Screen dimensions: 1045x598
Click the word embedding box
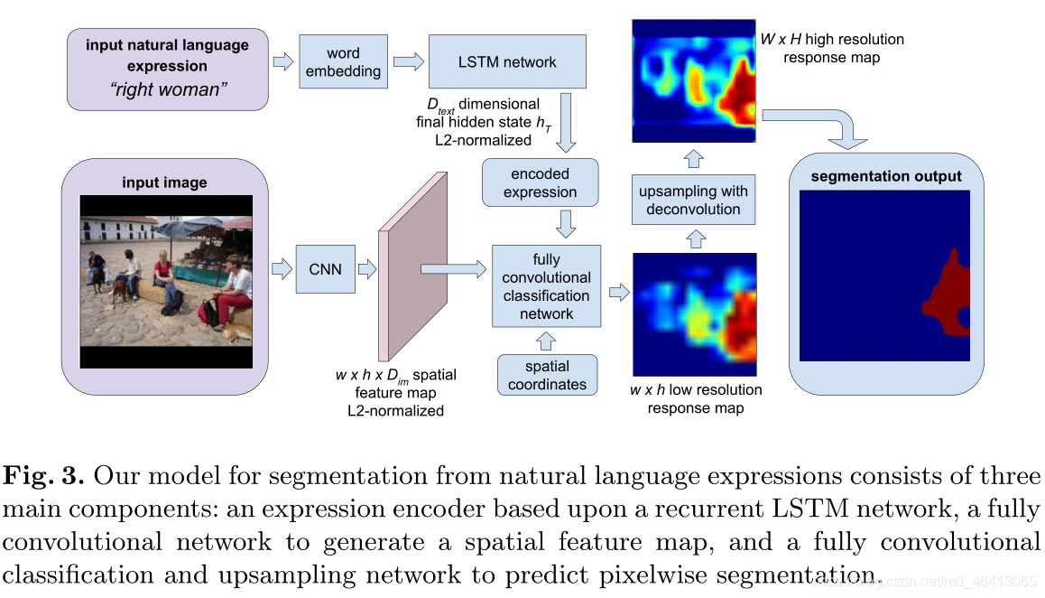click(x=343, y=61)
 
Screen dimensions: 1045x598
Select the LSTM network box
click(x=507, y=61)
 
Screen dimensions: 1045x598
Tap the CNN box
click(x=325, y=269)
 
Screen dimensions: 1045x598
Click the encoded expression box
click(x=540, y=182)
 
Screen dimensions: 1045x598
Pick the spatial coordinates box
click(x=547, y=375)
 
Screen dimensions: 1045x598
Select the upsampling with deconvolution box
click(x=693, y=200)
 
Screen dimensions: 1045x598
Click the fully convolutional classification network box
click(x=547, y=286)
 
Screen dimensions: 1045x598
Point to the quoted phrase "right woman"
click(x=168, y=89)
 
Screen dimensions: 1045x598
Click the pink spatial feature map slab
click(x=412, y=267)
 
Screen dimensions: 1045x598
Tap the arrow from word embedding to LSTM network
click(x=409, y=62)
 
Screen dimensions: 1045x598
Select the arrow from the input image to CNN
click(x=282, y=269)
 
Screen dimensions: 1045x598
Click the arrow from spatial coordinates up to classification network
click(x=547, y=341)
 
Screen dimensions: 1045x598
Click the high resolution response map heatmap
click(x=694, y=80)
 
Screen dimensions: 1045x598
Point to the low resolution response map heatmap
click(x=695, y=314)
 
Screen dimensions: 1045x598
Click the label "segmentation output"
click(x=885, y=176)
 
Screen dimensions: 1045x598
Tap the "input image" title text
click(x=164, y=182)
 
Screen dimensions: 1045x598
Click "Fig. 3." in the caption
click(x=44, y=476)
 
